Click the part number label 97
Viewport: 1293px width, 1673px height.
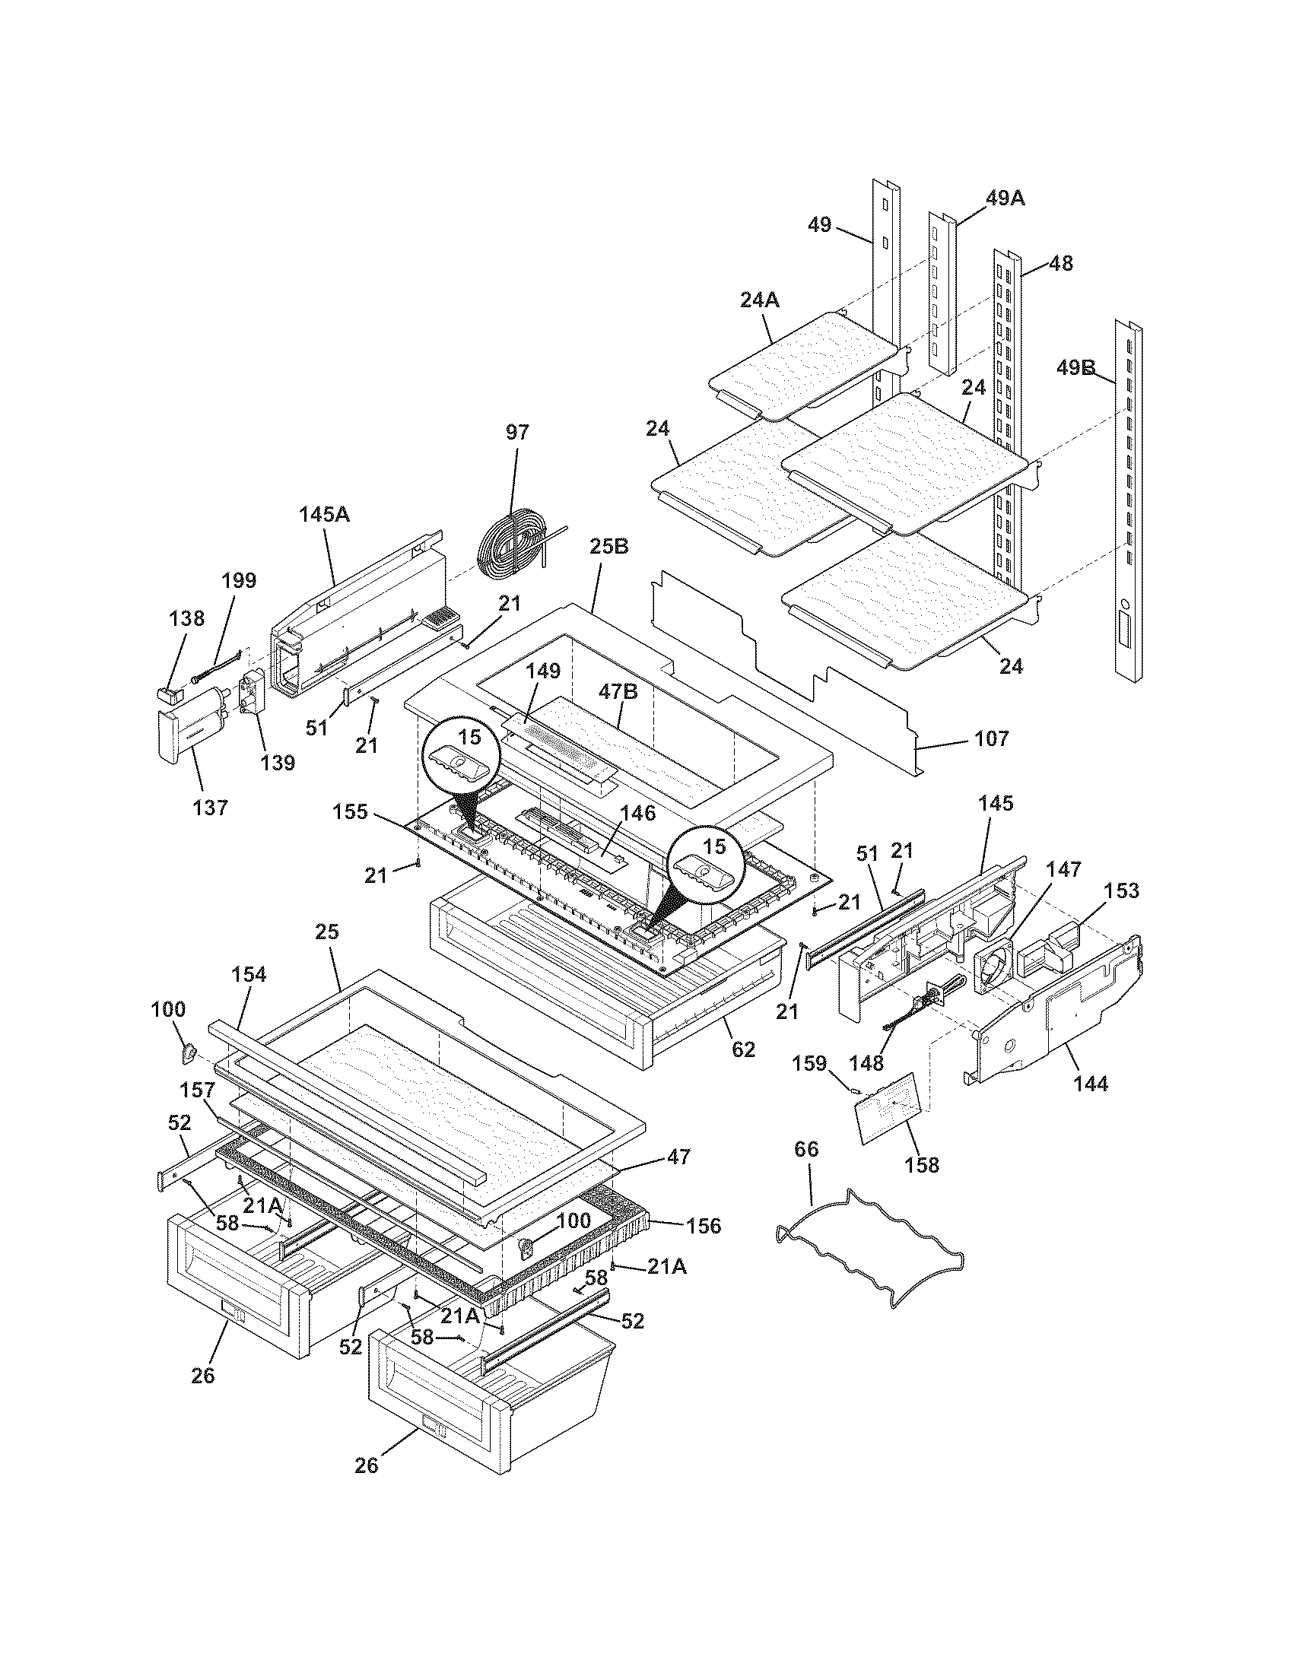pos(517,433)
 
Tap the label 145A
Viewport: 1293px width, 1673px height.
pos(324,515)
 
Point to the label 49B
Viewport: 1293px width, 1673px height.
pos(1075,368)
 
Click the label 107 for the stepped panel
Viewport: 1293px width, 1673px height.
pos(991,739)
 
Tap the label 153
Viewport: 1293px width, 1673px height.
pos(1121,891)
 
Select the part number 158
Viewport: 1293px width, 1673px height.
pos(922,1165)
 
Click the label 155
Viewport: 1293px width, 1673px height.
pos(351,811)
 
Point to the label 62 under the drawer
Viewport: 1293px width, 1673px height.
pos(743,1049)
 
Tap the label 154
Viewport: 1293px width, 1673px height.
pos(249,974)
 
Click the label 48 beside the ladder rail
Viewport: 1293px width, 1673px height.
pos(1060,264)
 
